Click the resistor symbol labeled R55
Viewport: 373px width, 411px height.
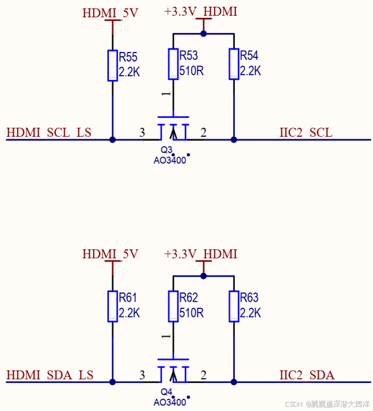(113, 65)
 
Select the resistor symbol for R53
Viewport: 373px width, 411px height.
(173, 64)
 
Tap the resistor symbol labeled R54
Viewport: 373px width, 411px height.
(234, 64)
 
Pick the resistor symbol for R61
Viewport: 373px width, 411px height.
(113, 306)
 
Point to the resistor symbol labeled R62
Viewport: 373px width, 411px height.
(173, 306)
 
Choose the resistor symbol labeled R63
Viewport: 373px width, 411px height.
(234, 306)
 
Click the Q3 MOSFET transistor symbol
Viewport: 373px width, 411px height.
(173, 129)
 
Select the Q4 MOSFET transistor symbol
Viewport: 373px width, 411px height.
(173, 371)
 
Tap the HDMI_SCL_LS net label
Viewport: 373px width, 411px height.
(49, 133)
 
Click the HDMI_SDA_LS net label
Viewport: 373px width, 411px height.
(50, 375)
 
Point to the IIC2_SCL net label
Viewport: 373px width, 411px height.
(306, 133)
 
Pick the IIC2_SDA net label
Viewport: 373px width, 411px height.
(306, 375)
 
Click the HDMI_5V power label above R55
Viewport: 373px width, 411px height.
(110, 12)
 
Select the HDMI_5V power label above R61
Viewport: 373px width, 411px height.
(110, 253)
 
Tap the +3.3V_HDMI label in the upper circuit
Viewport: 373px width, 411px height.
(201, 12)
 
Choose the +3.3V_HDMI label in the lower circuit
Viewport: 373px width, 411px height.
(201, 253)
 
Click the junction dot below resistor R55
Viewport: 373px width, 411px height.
(113, 140)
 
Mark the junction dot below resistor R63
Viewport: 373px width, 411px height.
(234, 382)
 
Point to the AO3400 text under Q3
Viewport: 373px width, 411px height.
(169, 161)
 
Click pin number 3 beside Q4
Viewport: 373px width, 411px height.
(142, 375)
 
